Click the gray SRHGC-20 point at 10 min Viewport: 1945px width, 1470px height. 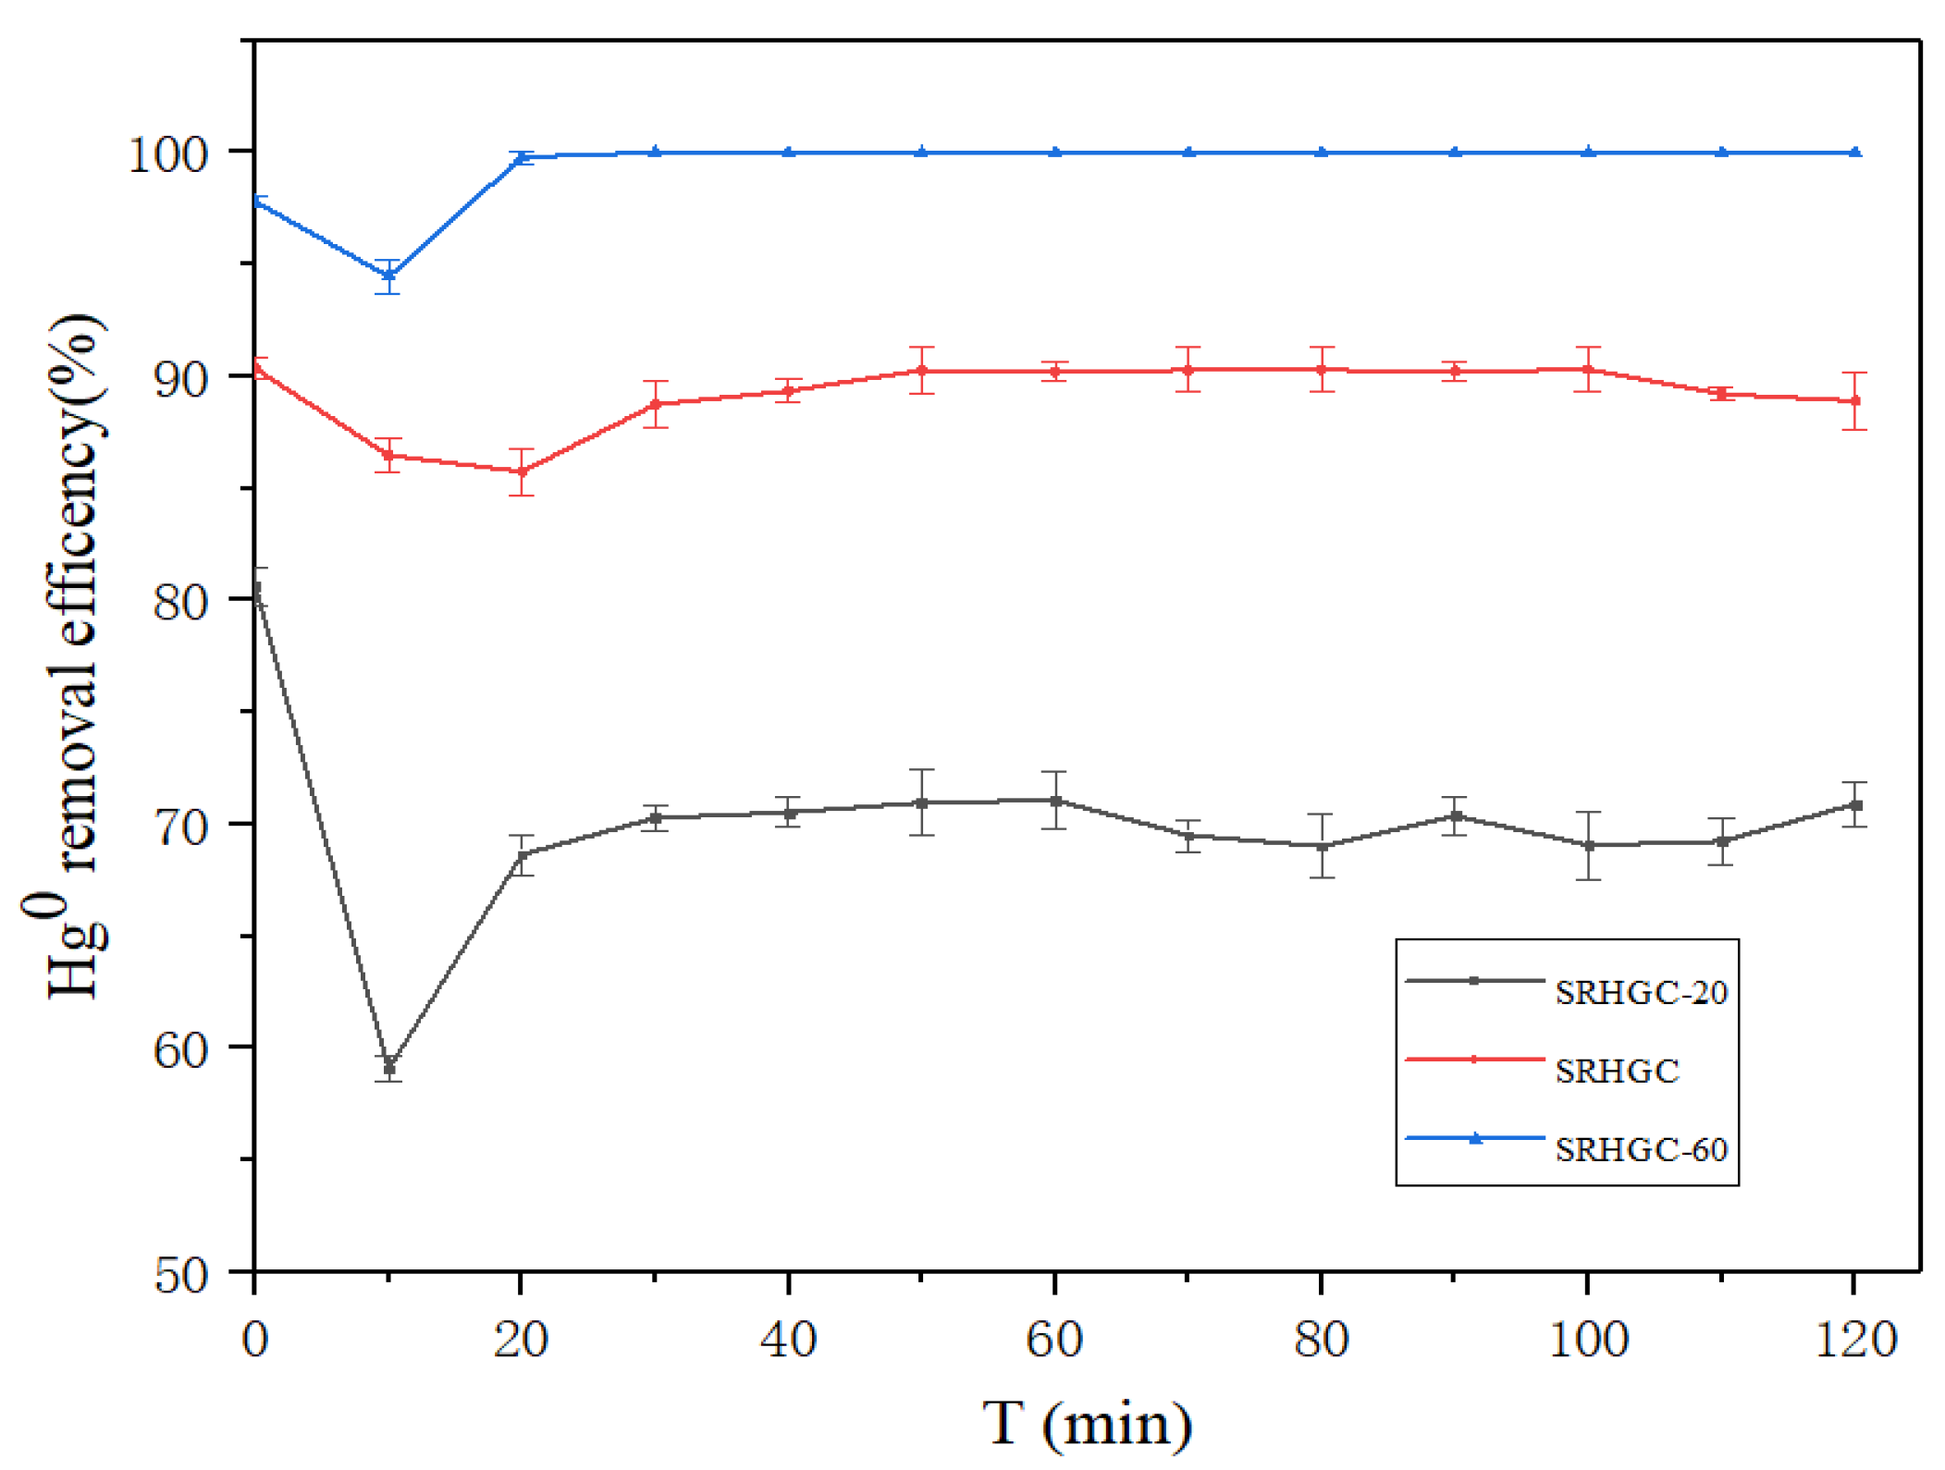click(x=388, y=1068)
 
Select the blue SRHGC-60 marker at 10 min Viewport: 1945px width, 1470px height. click(x=388, y=276)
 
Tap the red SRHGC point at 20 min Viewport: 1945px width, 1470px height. click(x=522, y=472)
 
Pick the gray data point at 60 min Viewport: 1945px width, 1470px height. click(x=1054, y=800)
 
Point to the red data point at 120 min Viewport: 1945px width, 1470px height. click(x=1853, y=400)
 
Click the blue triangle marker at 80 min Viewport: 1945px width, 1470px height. click(x=1321, y=152)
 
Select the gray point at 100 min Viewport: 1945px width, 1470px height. click(x=1587, y=845)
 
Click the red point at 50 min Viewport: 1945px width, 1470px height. click(x=921, y=370)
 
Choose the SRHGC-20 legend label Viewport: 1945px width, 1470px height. click(x=1640, y=992)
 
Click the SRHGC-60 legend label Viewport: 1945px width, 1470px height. click(x=1640, y=1149)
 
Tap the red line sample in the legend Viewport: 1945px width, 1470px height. click(x=1473, y=1060)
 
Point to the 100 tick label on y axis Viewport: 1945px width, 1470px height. click(x=166, y=153)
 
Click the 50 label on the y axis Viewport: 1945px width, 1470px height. click(x=180, y=1276)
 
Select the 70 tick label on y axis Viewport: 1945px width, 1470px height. click(x=180, y=826)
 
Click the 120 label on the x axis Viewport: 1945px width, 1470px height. click(x=1854, y=1339)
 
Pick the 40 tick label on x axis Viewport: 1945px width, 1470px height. click(x=788, y=1339)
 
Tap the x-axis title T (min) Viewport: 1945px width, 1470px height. click(x=1087, y=1423)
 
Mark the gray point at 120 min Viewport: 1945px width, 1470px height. click(x=1853, y=805)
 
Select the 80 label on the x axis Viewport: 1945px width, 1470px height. click(x=1321, y=1339)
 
